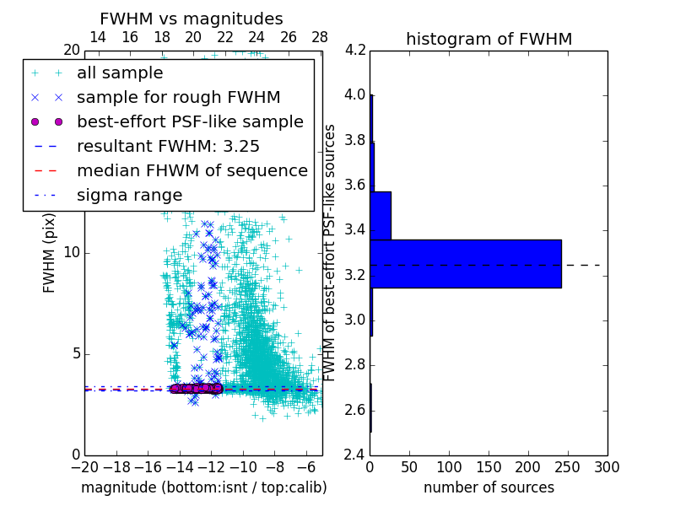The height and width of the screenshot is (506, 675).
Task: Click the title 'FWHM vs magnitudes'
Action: pos(191,19)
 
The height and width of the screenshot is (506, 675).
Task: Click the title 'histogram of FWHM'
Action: pos(489,39)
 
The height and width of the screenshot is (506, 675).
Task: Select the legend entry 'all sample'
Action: pos(120,73)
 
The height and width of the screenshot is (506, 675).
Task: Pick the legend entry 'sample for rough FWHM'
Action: pos(178,98)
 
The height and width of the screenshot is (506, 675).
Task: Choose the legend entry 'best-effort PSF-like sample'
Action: pos(190,122)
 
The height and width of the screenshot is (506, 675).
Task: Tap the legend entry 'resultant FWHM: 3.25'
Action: pos(168,147)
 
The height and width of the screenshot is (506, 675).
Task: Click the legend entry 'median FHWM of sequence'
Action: pos(192,171)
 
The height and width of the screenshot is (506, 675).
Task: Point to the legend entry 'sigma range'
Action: pos(129,196)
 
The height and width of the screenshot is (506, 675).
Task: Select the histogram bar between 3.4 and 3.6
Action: pos(381,215)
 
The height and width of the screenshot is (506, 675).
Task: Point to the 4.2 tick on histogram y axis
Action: pos(355,50)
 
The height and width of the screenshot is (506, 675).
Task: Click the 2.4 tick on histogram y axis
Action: pos(355,455)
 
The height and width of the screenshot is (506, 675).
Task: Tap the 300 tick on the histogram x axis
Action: pos(607,466)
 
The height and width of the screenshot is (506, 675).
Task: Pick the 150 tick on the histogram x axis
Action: pos(489,466)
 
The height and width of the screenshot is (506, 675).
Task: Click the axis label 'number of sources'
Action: pos(489,487)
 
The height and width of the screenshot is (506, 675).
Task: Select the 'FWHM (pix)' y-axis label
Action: pos(50,252)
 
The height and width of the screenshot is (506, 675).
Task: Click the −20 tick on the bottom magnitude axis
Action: pos(84,466)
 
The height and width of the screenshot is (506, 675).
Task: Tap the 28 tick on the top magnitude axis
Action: pos(320,37)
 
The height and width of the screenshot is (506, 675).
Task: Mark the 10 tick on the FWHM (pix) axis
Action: pos(72,252)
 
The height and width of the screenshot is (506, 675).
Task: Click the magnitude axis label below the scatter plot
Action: pos(203,487)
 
